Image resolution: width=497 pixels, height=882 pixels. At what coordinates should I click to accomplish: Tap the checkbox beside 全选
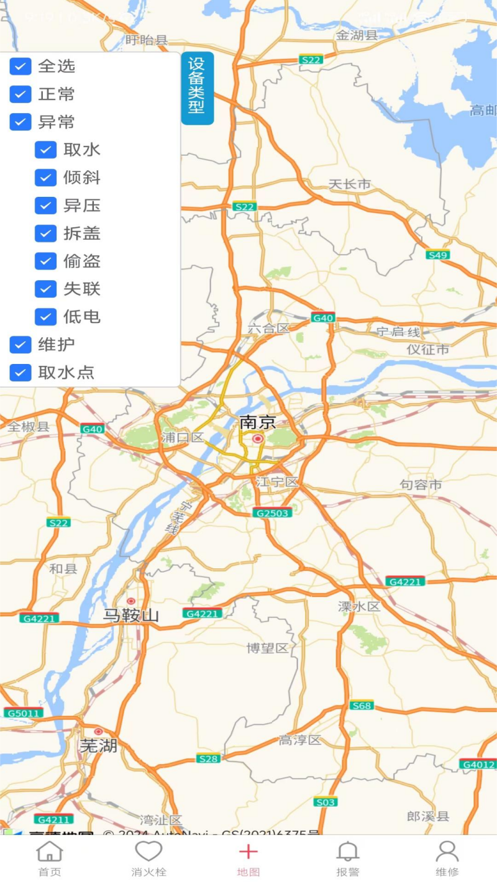point(21,66)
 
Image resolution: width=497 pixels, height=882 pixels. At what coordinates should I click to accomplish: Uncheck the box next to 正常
point(21,94)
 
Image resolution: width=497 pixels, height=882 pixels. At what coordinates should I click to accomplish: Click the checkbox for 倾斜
point(45,178)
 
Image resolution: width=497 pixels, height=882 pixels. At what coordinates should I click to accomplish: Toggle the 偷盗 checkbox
point(45,261)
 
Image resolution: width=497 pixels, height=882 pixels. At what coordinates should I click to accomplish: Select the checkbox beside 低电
point(45,317)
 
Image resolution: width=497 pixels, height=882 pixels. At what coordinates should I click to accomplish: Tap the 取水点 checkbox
point(21,373)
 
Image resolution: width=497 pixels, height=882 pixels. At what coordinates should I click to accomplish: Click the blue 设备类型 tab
point(197,88)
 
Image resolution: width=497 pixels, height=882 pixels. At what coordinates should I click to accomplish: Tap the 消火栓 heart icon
point(148,852)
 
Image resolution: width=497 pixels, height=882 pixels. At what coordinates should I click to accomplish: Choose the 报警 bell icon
point(348,852)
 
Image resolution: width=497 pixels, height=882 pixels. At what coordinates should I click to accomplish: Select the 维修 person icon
point(447,852)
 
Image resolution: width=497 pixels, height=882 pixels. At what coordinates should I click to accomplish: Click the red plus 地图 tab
point(248,852)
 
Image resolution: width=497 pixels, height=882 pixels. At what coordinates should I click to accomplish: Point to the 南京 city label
point(257,423)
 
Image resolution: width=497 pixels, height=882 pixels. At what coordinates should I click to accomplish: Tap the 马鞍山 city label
point(131,616)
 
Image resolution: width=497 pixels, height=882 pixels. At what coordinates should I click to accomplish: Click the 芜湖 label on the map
point(98,745)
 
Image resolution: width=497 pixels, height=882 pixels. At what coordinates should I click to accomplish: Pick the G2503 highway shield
point(272,513)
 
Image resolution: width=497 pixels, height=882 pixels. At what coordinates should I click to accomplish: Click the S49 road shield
point(438,255)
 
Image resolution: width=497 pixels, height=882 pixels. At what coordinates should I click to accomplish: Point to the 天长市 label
point(349,184)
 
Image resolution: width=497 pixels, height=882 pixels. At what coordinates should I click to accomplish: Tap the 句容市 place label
point(421,484)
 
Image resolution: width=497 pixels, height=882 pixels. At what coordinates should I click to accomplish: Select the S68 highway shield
point(362,706)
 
